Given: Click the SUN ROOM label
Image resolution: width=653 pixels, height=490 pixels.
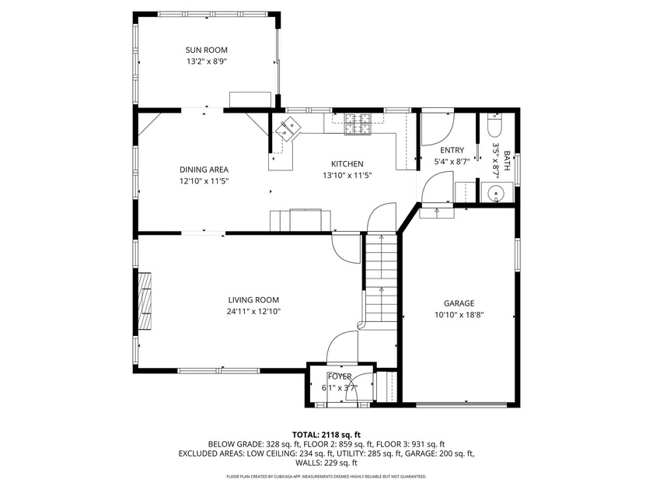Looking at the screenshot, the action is point(207,50).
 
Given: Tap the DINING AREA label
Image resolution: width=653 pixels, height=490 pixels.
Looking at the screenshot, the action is point(204,170).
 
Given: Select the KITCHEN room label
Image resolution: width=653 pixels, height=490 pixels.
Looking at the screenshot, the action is point(347,164).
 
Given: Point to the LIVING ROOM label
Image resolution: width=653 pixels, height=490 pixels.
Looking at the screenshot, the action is point(253,300).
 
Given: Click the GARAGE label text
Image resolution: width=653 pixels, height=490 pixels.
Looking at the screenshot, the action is point(459,303).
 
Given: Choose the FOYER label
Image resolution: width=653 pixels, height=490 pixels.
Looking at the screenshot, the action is point(340,376).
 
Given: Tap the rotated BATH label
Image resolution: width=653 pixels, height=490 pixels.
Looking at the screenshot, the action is point(507,161).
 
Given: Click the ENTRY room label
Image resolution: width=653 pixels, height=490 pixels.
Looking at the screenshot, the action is point(452,150).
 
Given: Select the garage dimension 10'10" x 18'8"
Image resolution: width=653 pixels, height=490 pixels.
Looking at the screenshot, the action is point(459,315).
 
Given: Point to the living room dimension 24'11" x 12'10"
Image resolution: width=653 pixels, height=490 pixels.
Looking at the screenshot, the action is point(253,311).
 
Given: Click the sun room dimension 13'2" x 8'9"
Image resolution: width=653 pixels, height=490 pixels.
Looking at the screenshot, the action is point(207,61).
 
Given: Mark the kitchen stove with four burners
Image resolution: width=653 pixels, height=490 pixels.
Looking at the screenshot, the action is point(358,124).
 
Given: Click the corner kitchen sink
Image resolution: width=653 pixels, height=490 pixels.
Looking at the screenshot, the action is point(288,129).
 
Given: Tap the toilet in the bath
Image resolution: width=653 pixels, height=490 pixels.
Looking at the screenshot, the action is point(495,124).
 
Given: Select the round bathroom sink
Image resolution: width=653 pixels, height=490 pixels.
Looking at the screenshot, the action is point(496,194).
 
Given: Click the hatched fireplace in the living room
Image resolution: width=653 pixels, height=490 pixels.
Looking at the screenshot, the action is point(145,301).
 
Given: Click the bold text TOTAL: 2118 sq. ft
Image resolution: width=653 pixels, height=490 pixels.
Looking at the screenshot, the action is point(326,436).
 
